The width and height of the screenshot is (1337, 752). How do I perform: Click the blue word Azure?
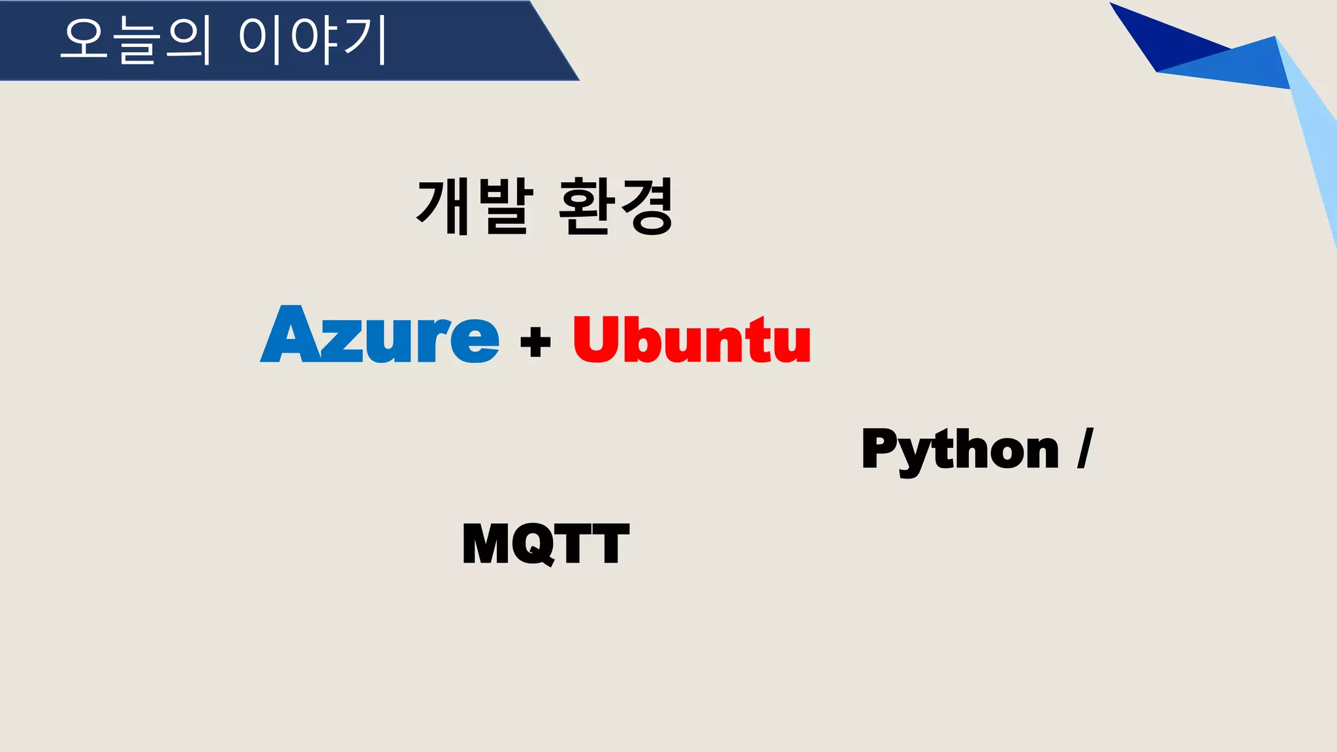click(380, 335)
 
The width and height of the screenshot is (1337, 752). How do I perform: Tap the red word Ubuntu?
click(692, 339)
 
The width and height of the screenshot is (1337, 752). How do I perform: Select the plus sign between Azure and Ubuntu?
click(535, 341)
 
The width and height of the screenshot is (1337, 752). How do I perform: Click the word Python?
click(960, 450)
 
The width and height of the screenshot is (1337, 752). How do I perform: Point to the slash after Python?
click(1084, 448)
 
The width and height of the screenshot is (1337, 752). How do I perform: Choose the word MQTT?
click(545, 543)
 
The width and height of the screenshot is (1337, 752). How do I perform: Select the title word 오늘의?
click(136, 40)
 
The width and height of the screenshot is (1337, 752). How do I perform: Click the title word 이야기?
click(313, 40)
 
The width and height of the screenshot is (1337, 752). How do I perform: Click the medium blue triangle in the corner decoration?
click(1234, 65)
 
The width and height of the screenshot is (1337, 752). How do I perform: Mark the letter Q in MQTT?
click(534, 543)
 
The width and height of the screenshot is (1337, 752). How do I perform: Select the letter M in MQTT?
click(485, 543)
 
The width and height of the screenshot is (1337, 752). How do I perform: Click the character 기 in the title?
click(366, 40)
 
